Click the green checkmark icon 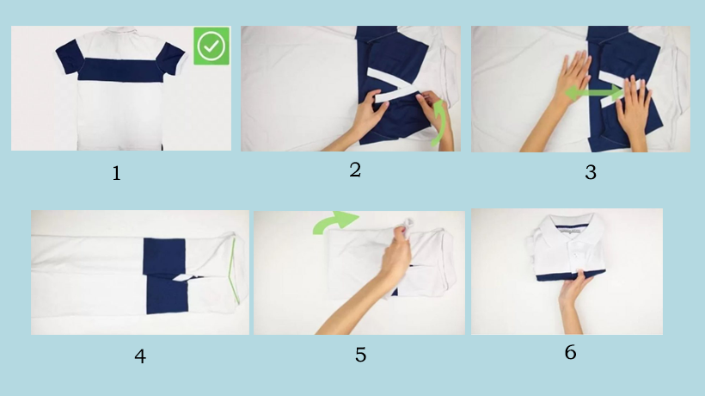click(211, 46)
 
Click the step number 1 click(116, 173)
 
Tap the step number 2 click(355, 170)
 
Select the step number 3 click(591, 172)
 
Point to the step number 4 click(140, 356)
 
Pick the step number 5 click(360, 355)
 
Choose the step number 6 click(570, 352)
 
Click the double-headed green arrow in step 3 click(594, 93)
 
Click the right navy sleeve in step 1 click(171, 59)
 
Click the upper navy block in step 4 click(164, 256)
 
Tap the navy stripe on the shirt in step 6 click(571, 275)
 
